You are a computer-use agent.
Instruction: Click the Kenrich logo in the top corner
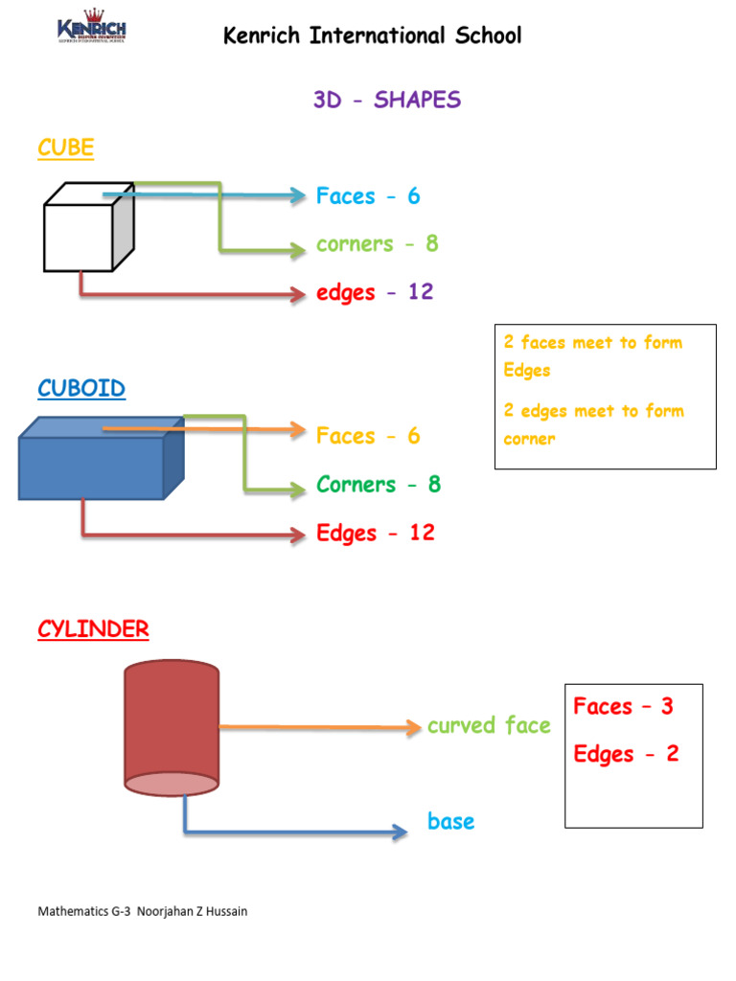[x=91, y=28]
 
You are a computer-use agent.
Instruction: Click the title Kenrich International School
[x=372, y=36]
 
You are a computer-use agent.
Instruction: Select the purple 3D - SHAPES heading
[x=386, y=100]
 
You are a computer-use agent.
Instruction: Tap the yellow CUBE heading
[x=66, y=148]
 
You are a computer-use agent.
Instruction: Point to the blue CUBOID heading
[x=81, y=388]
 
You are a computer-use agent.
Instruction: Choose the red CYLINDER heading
[x=93, y=629]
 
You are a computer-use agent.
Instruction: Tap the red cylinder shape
[x=172, y=728]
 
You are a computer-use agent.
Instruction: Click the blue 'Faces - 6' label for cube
[x=368, y=196]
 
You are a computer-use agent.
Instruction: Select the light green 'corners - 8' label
[x=377, y=244]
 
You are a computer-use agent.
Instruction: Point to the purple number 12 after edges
[x=421, y=292]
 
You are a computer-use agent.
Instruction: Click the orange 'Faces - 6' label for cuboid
[x=368, y=436]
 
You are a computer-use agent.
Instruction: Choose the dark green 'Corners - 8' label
[x=379, y=484]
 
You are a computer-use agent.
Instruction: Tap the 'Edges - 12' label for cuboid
[x=376, y=533]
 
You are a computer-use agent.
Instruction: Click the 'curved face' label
[x=489, y=725]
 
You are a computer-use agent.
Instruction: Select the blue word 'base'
[x=450, y=822]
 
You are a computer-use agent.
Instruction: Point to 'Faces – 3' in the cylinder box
[x=623, y=707]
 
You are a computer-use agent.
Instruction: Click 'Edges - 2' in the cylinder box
[x=626, y=754]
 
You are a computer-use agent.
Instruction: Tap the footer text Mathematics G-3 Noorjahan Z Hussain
[x=142, y=911]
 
